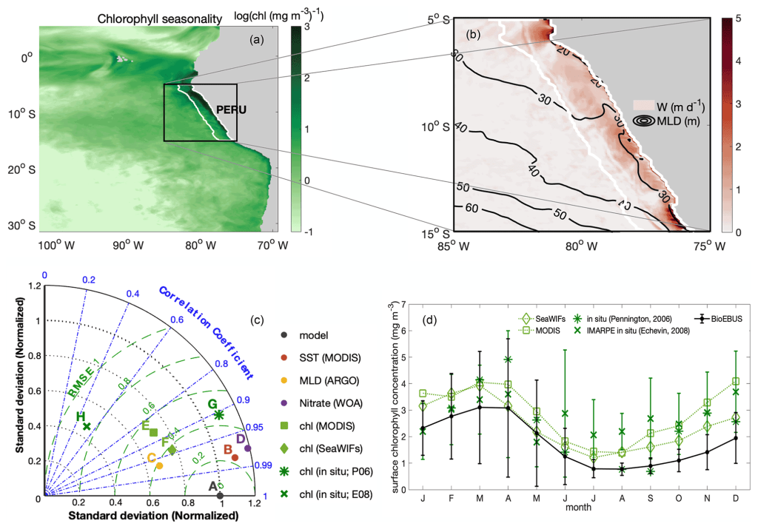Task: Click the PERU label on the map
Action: [x=230, y=109]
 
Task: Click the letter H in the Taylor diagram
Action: [x=79, y=417]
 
